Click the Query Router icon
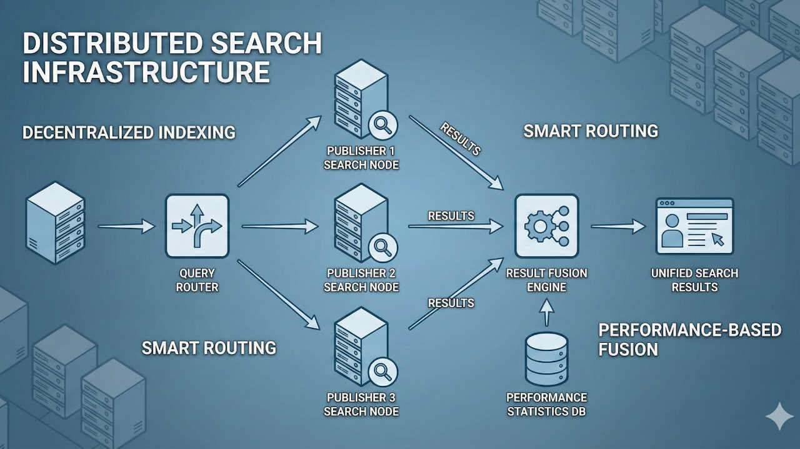point(197,225)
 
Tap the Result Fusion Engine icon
point(546,225)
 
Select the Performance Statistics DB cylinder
point(546,359)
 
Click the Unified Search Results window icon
point(694,225)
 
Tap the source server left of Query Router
point(55,222)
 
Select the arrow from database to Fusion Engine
point(547,312)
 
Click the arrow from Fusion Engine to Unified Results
point(617,226)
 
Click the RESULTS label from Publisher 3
point(451,303)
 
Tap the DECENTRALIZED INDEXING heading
point(129,132)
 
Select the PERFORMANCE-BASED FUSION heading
point(689,339)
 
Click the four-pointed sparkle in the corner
point(779,417)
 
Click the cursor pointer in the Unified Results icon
point(717,239)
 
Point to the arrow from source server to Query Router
point(126,226)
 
